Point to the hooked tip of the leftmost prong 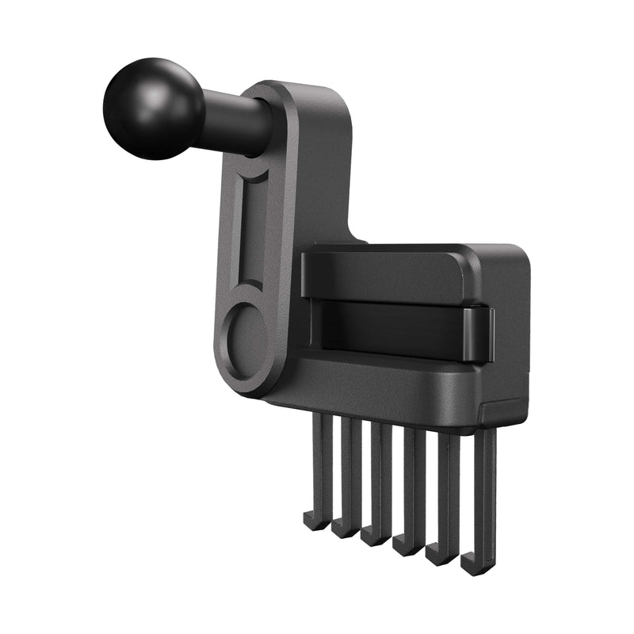click(x=314, y=522)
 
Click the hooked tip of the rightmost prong click(x=473, y=565)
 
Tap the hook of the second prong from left click(x=343, y=529)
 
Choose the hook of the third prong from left click(x=373, y=537)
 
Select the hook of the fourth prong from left click(x=406, y=546)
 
